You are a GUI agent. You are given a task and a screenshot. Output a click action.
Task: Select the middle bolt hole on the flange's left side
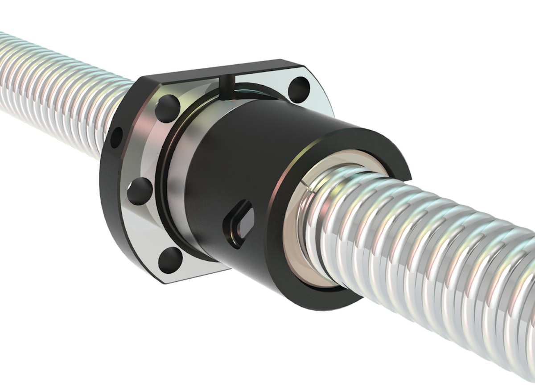[x=140, y=191]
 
